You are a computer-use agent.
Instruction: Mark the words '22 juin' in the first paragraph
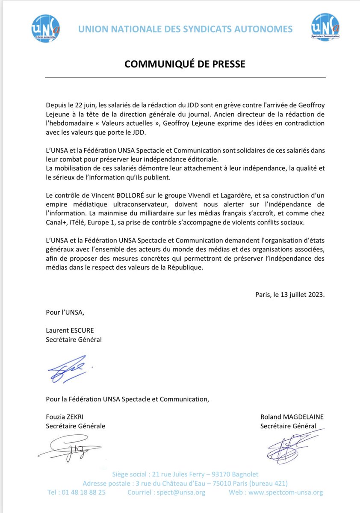pos(86,105)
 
